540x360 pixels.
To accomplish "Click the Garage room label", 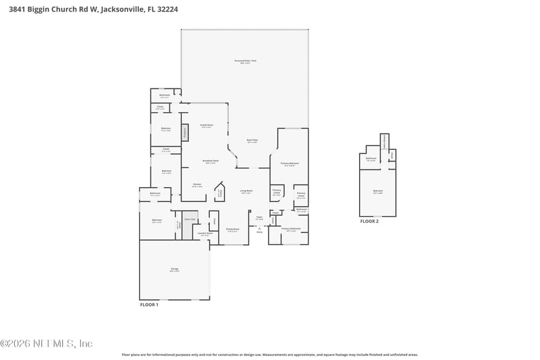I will [174, 269].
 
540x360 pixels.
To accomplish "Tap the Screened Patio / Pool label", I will [244, 61].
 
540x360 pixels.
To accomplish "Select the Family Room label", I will [207, 126].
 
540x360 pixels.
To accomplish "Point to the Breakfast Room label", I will [210, 161].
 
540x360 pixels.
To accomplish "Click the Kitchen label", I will [197, 184].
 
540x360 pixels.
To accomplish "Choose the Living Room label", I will [246, 192].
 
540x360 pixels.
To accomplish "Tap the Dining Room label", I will [232, 230].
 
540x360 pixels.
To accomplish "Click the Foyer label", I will [259, 217].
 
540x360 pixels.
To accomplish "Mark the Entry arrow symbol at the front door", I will [259, 228].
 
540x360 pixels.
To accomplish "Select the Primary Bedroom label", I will [290, 163].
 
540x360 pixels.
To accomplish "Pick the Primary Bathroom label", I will [290, 230].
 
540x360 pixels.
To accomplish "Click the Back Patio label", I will [252, 140].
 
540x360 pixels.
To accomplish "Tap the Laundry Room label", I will [205, 234].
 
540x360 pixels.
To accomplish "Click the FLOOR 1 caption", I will [148, 305].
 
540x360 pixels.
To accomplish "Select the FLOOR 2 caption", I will [369, 221].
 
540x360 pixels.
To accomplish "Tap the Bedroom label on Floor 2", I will [377, 191].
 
